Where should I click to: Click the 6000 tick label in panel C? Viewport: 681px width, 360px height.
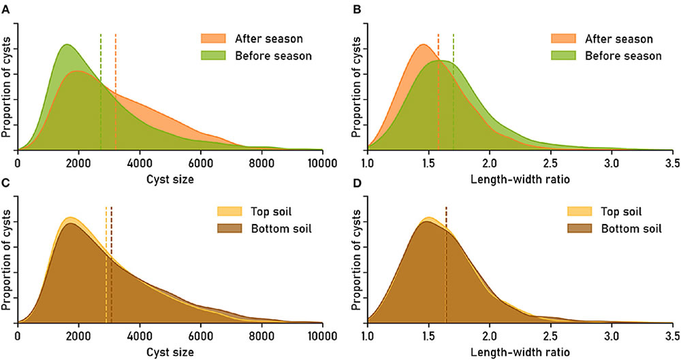(x=201, y=336)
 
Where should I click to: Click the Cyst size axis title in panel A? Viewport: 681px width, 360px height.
(x=170, y=179)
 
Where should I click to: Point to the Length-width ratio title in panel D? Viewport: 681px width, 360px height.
(x=520, y=352)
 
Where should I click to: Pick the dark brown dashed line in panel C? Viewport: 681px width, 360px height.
(x=111, y=265)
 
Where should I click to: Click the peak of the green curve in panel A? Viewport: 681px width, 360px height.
(x=67, y=45)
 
